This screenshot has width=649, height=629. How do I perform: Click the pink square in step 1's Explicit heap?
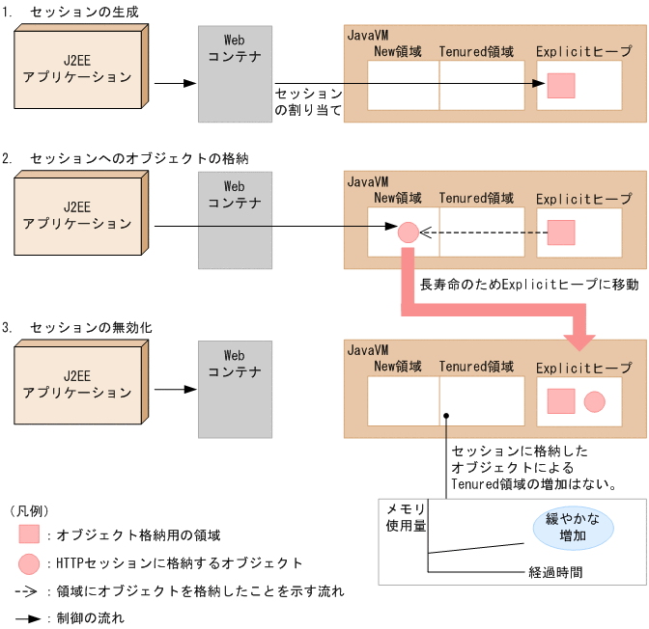point(561,86)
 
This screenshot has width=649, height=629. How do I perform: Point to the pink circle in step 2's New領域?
point(408,232)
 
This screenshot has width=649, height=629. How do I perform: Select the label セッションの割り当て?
point(308,102)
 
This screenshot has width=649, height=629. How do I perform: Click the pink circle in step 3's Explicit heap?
point(594,401)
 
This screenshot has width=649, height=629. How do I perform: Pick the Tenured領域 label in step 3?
point(476,367)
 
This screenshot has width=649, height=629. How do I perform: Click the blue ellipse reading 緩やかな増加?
point(573,527)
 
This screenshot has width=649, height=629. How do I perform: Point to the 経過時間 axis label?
point(555,571)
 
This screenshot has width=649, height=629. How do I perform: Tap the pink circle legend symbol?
point(29,563)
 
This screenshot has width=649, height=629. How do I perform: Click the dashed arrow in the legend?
point(29,590)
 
